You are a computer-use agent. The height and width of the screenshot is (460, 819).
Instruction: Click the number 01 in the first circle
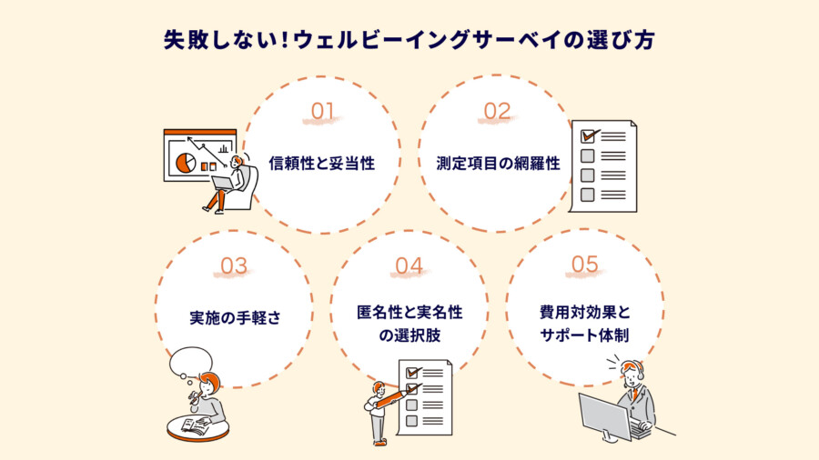pos(322,111)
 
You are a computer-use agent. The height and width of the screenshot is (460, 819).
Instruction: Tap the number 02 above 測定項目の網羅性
pos(497,111)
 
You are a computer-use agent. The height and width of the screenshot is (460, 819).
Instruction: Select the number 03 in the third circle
pos(234,266)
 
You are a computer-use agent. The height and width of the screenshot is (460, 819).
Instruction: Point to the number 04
pos(409,266)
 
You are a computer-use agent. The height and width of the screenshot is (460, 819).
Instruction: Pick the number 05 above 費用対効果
pos(584,265)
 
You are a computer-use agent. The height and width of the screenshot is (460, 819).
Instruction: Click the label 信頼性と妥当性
pos(322,164)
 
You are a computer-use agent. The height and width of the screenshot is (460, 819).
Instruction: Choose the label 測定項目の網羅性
pos(499,164)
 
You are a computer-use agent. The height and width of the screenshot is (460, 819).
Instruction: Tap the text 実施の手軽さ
pos(235,317)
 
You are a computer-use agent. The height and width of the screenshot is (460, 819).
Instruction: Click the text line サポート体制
pos(584,335)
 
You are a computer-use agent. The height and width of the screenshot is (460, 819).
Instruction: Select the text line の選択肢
pos(409,335)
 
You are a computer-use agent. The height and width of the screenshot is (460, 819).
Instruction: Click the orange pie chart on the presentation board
pos(186,163)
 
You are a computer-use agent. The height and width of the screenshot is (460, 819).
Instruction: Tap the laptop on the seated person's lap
pos(224,183)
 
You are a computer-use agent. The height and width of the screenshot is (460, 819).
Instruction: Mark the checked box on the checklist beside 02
pos(588,136)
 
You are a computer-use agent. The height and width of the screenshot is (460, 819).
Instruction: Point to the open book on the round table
pos(196,425)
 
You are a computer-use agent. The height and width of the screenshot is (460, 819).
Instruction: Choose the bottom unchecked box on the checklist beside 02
pos(588,195)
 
